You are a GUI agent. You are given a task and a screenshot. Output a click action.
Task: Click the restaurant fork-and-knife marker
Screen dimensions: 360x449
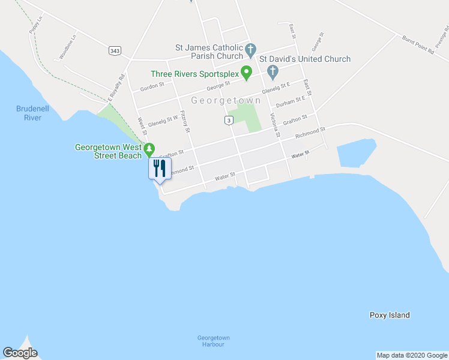coord(159,167)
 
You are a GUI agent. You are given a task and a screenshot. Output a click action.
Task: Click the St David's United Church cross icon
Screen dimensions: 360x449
coord(273,73)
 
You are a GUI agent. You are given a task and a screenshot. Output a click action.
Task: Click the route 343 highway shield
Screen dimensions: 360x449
coord(114,50)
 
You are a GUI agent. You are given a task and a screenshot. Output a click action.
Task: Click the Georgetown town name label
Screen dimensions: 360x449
coord(226,100)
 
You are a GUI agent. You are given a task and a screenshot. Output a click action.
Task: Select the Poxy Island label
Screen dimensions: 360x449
coord(390,315)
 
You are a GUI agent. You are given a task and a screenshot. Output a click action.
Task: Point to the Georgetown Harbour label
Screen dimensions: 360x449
coord(214,341)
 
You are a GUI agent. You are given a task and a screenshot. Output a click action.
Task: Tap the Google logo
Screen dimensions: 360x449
coord(20,353)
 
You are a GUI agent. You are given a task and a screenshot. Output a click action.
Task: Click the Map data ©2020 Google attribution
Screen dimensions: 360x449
coord(412,355)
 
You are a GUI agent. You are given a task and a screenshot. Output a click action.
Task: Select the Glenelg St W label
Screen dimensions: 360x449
coord(163,119)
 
